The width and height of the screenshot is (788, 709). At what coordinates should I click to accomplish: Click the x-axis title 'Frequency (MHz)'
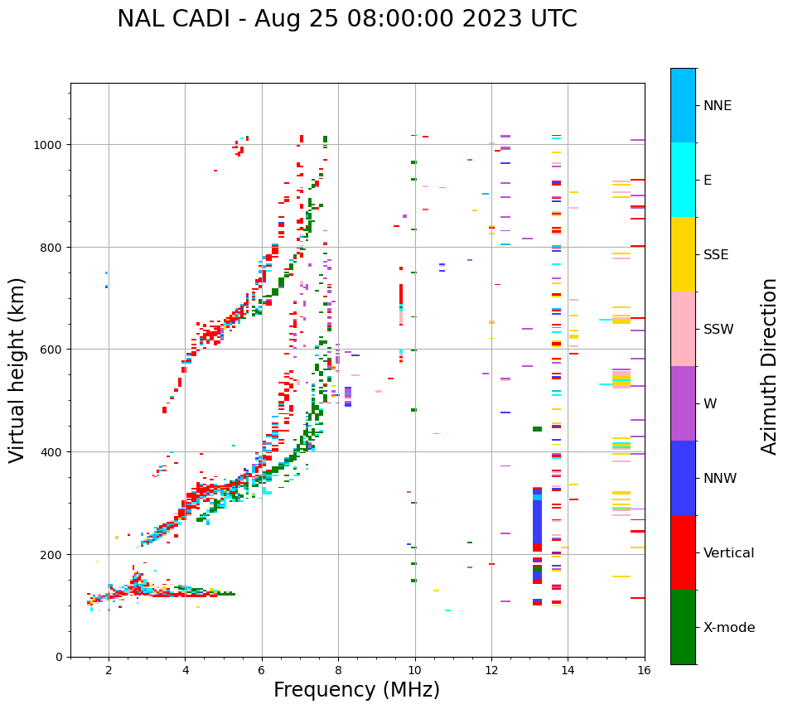(356, 690)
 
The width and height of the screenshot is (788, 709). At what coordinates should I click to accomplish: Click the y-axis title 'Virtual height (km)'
(17, 370)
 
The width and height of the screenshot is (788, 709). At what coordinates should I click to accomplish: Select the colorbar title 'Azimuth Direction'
(770, 366)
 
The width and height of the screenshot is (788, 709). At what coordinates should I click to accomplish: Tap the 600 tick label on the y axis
(54, 350)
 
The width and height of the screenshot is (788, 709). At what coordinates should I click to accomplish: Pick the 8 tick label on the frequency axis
(338, 671)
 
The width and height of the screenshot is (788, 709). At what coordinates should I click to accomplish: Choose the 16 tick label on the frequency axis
(644, 671)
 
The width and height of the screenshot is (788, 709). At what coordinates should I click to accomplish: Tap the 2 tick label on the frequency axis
(109, 671)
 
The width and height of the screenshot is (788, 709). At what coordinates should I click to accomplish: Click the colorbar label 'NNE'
(718, 106)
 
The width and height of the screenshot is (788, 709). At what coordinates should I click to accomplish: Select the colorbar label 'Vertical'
(728, 553)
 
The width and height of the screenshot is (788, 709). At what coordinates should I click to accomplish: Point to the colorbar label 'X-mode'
(729, 628)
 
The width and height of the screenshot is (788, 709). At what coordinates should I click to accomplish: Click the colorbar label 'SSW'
(718, 330)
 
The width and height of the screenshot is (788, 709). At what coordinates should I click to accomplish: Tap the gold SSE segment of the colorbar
(683, 254)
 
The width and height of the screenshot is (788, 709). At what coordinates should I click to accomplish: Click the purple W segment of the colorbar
(683, 403)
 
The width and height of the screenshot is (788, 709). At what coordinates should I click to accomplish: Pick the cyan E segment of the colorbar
(683, 180)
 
